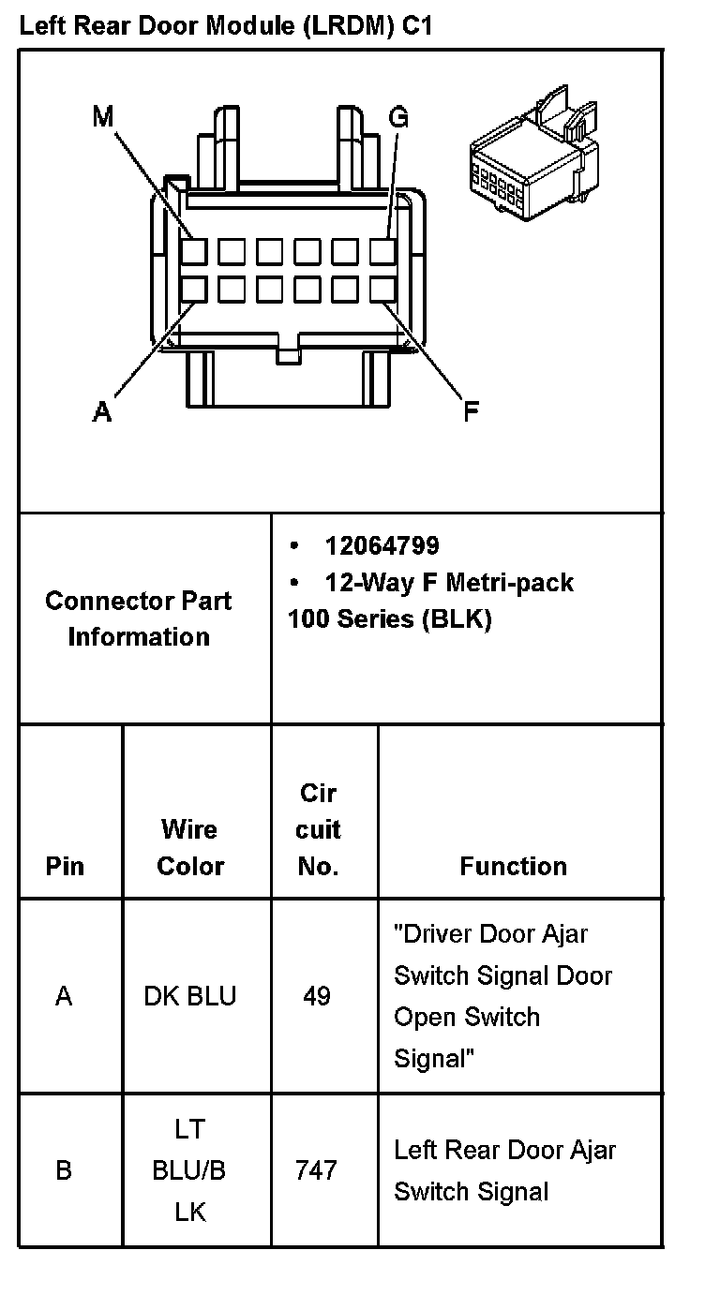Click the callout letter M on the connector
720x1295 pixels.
coord(103,117)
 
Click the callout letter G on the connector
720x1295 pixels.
coord(398,117)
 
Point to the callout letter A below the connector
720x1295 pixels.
coord(102,411)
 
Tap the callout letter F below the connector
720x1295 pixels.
coord(472,411)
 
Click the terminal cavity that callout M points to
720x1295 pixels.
coord(194,252)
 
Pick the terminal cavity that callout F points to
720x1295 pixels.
coord(382,289)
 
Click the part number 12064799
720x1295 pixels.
coord(382,545)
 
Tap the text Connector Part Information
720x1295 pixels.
coord(139,618)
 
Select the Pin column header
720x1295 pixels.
coord(65,866)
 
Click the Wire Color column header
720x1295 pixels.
coord(190,848)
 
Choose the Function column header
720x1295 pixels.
coord(513,866)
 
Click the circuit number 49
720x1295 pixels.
coord(317,995)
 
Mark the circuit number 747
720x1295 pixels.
coord(317,1170)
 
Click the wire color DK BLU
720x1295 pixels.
coord(190,995)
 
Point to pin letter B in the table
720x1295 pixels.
coord(64,1170)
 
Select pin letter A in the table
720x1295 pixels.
coord(64,995)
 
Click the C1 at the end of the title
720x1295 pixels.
coord(417,26)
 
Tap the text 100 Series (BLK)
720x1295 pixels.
coord(390,619)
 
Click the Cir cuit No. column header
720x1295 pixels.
coord(319,829)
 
